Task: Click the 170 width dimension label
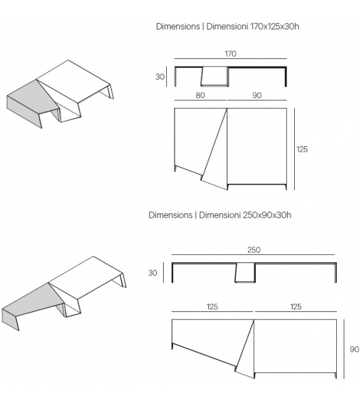(x=230, y=54)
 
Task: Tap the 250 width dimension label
(x=253, y=250)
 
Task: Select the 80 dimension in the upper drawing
(x=200, y=95)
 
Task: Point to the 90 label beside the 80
(x=257, y=95)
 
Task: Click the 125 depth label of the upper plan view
(x=302, y=149)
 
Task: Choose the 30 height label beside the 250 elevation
(x=152, y=273)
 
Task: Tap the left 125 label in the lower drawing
(x=212, y=307)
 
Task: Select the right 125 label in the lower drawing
(x=296, y=307)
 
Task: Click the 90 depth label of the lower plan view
(x=354, y=350)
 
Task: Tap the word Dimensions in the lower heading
(x=171, y=215)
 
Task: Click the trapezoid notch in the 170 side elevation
(x=214, y=76)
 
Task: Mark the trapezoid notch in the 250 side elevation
(x=245, y=272)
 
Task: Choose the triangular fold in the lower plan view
(x=246, y=348)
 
